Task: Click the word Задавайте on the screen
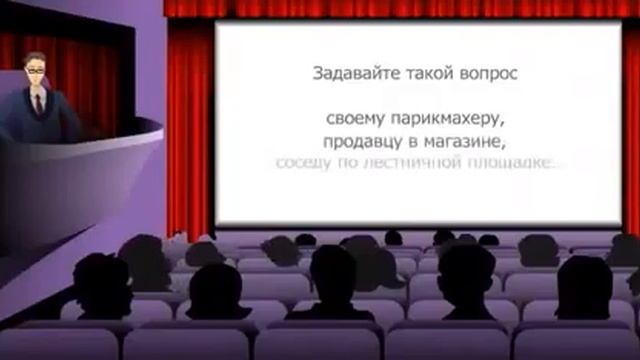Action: [x=350, y=75]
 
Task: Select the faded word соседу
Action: [x=300, y=161]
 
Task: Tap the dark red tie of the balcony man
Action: [x=39, y=102]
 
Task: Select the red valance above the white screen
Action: [x=400, y=8]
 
